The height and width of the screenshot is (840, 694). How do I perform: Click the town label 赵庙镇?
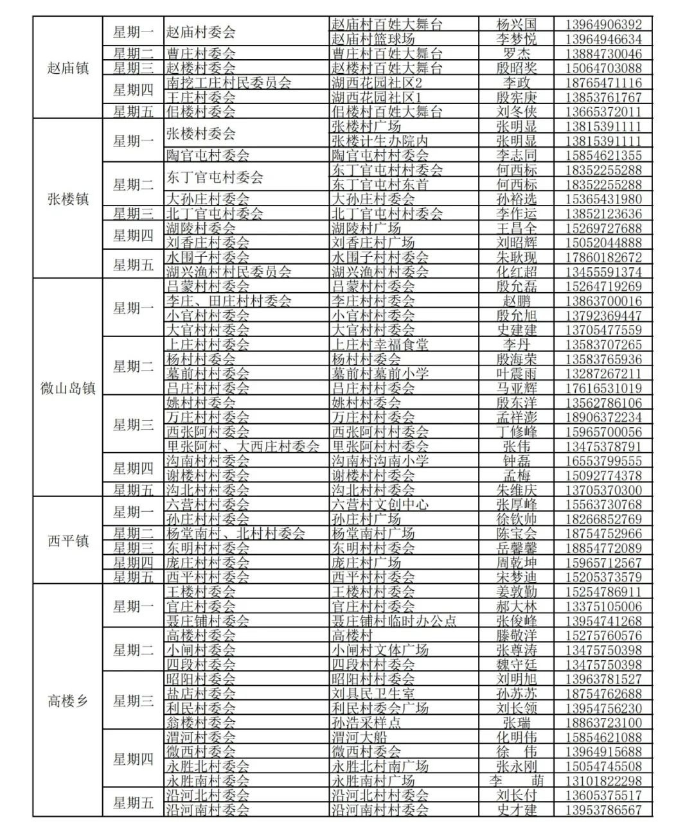[67, 67]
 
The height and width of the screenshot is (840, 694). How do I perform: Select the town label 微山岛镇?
[67, 388]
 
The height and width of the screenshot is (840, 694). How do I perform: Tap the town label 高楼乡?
[67, 701]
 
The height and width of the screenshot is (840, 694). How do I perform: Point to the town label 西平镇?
[67, 541]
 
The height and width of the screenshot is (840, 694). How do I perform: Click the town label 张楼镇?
[67, 198]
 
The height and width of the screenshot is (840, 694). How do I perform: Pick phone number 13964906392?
[603, 24]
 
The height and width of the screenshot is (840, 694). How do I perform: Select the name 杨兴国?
[516, 24]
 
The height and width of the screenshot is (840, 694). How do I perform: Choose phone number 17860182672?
[603, 258]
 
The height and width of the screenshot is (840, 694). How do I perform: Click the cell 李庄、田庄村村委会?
[229, 301]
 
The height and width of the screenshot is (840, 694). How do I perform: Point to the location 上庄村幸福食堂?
[379, 344]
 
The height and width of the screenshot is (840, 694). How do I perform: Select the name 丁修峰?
[516, 432]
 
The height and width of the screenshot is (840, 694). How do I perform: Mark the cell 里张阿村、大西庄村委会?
[243, 446]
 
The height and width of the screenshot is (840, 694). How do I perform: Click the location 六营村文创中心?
[380, 505]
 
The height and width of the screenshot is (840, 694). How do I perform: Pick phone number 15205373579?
[603, 577]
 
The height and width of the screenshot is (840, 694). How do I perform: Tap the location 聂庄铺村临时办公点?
[394, 620]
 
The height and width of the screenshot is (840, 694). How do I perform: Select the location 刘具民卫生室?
[373, 694]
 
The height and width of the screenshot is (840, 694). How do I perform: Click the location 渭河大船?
[360, 737]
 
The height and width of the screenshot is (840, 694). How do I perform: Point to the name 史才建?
[516, 810]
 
